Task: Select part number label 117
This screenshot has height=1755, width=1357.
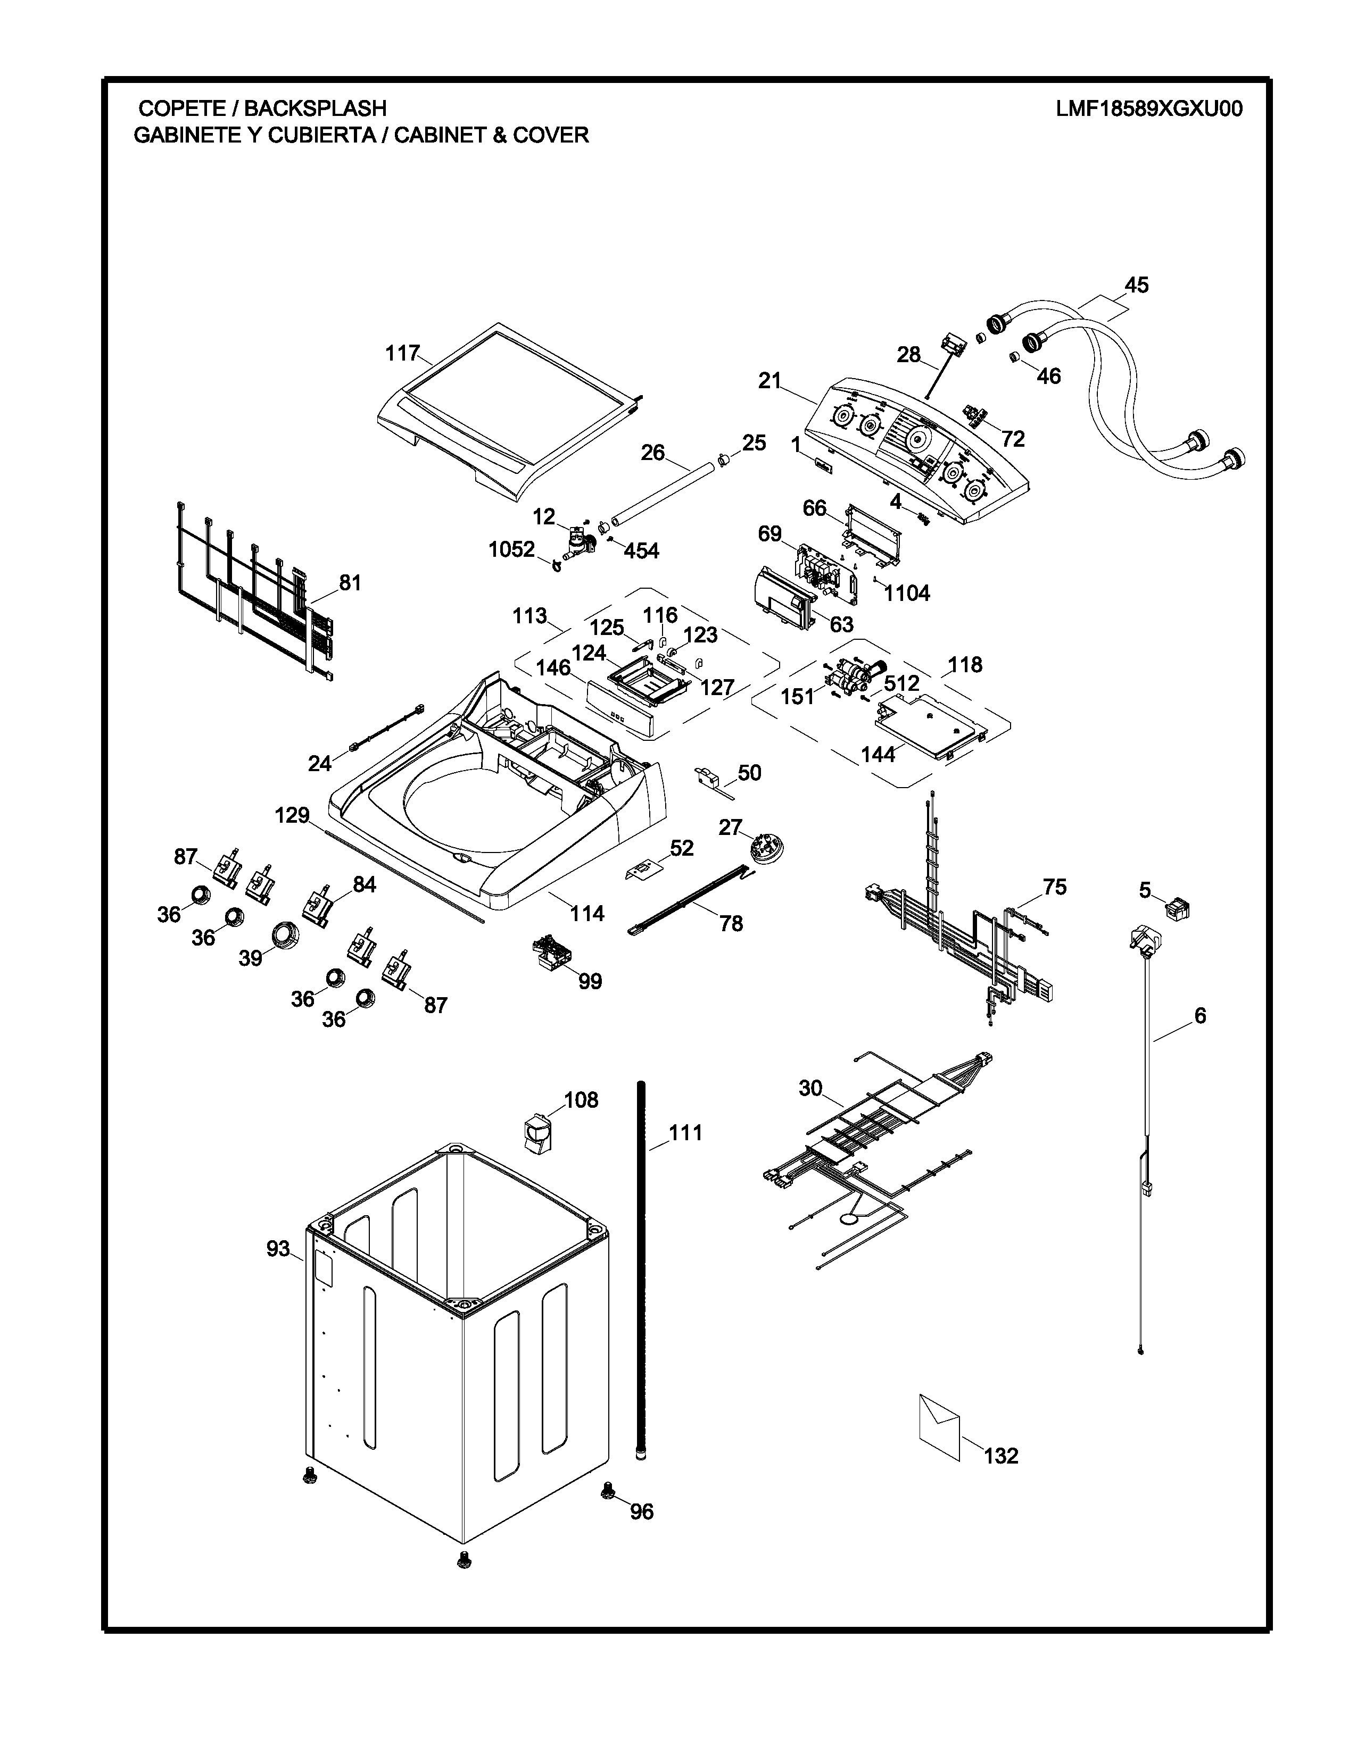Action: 402,353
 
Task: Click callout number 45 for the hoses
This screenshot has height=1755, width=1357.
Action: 1136,285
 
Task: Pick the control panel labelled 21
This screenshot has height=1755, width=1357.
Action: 916,450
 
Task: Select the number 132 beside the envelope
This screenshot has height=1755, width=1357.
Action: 1001,1455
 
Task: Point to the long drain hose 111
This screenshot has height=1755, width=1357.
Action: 642,1269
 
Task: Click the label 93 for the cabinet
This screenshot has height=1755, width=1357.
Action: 277,1249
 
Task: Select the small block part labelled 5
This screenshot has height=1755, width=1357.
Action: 1178,909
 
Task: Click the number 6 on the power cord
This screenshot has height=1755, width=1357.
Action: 1199,1016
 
